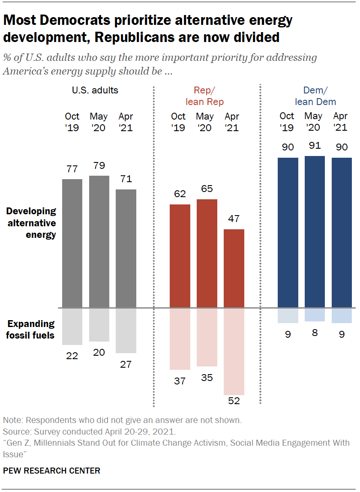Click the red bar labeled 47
[x=234, y=268]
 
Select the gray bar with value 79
[x=99, y=241]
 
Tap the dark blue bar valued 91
[x=315, y=232]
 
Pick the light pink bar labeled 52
[x=234, y=351]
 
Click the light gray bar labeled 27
[x=126, y=330]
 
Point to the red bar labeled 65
[x=207, y=253]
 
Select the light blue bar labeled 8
[x=315, y=315]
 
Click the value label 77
[x=72, y=169]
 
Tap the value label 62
[x=180, y=194]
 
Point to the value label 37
[x=180, y=380]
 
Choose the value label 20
[x=99, y=352]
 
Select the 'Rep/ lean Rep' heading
[x=204, y=96]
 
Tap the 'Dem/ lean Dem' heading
[x=315, y=96]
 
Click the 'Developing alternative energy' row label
[x=31, y=223]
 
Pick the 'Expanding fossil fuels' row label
[x=31, y=329]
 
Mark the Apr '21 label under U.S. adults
[x=126, y=122]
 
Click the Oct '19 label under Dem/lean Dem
[x=287, y=122]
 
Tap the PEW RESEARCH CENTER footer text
[x=51, y=471]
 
